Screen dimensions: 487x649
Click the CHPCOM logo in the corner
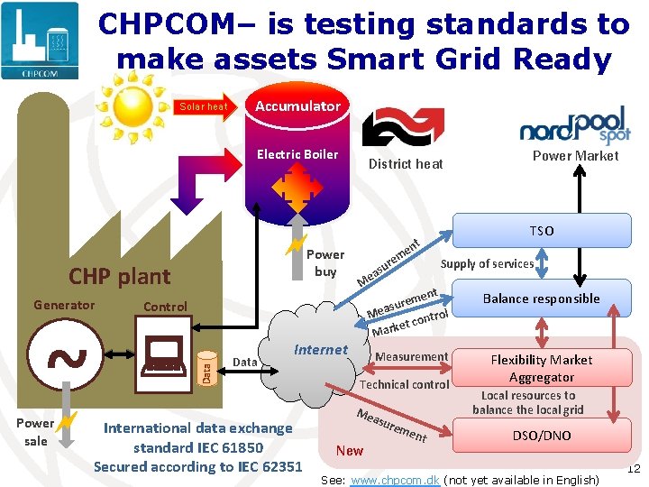(x=41, y=41)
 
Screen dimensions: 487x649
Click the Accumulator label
(x=297, y=106)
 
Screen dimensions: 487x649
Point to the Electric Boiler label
(x=297, y=154)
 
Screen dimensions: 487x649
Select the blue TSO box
(x=542, y=231)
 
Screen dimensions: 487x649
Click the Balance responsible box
(x=541, y=299)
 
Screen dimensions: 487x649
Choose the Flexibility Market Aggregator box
(x=541, y=369)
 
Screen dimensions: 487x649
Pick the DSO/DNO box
(x=541, y=436)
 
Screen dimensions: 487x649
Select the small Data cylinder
(x=206, y=368)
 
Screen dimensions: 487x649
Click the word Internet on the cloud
(x=321, y=350)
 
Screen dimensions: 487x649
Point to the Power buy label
(x=324, y=262)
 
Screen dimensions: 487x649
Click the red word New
(x=350, y=451)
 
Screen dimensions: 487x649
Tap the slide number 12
(x=633, y=468)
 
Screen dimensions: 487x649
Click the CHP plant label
(x=120, y=276)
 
